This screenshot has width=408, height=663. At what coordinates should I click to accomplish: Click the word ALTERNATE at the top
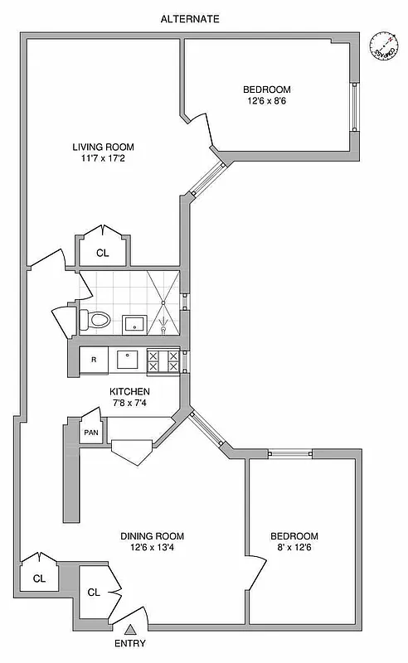click(189, 18)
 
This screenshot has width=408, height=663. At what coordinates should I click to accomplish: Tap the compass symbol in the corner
click(382, 45)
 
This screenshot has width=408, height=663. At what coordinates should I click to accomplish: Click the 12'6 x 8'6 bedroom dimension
click(267, 101)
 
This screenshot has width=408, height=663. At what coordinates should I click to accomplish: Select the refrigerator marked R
click(94, 360)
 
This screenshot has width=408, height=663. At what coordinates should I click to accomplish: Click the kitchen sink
click(129, 360)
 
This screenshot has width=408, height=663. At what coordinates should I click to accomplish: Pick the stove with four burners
click(163, 361)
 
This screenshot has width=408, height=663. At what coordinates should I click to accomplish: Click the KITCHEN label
click(130, 391)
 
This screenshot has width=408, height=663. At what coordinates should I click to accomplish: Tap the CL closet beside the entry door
click(94, 593)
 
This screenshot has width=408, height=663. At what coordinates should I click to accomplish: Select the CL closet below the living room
click(102, 253)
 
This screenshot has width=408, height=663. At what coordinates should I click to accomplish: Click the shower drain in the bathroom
click(164, 329)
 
